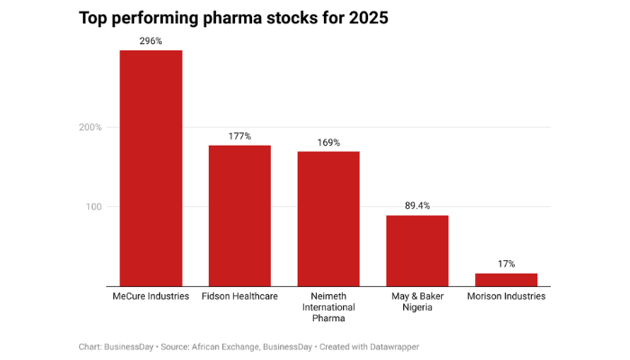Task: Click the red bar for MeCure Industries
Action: point(150,168)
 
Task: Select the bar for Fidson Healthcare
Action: point(239,216)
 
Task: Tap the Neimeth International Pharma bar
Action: point(328,219)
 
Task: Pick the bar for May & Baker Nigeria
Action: point(417,251)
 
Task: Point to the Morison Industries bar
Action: point(506,280)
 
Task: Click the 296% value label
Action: point(150,41)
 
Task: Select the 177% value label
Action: point(239,137)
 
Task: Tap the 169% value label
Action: point(328,143)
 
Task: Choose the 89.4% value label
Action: point(417,206)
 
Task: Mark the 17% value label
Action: point(506,265)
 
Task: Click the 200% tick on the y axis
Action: point(90,128)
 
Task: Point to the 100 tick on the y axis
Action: point(93,207)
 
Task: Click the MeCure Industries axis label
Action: point(150,296)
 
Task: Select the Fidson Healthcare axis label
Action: point(239,296)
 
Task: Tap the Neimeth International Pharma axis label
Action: point(328,307)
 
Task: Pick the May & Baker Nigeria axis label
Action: point(417,301)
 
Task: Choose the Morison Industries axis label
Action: point(506,296)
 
